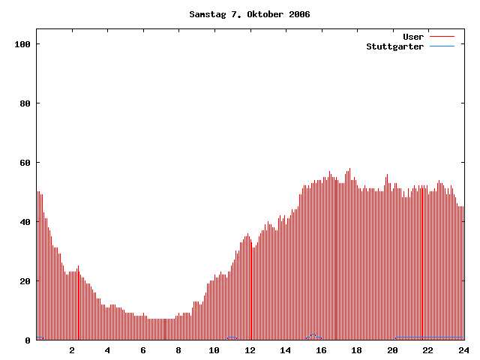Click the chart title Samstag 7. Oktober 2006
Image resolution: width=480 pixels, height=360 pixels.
click(x=249, y=14)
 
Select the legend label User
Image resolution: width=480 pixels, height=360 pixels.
click(x=413, y=36)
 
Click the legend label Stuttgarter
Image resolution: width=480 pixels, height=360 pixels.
click(x=394, y=46)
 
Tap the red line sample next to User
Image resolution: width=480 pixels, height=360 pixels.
click(x=442, y=36)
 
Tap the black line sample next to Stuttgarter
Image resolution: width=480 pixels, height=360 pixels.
click(x=442, y=46)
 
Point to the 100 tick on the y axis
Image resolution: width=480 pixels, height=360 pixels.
click(x=22, y=44)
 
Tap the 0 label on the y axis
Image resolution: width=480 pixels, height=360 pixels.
click(x=27, y=340)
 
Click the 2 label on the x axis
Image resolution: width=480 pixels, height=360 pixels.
click(x=72, y=350)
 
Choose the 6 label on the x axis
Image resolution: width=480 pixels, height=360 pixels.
click(x=143, y=350)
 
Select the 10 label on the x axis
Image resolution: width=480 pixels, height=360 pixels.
click(x=214, y=350)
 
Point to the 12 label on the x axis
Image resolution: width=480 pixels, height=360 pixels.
click(x=250, y=350)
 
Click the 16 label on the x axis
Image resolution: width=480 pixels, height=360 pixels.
click(x=321, y=350)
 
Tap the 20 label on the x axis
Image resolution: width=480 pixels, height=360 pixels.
click(x=392, y=350)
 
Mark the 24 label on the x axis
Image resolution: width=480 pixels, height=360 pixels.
click(x=463, y=350)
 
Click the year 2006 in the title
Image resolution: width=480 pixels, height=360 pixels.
click(x=298, y=14)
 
